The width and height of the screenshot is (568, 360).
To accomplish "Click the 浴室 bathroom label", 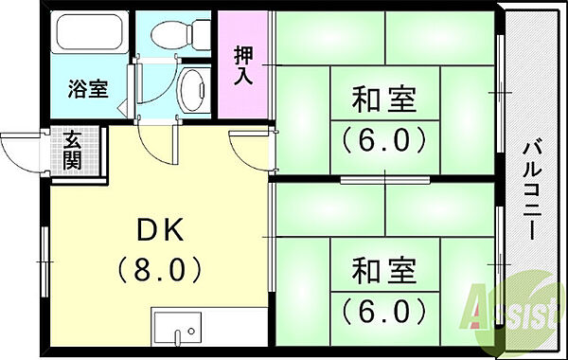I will click(x=87, y=91).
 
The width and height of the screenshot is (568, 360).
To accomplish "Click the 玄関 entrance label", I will click(x=73, y=149).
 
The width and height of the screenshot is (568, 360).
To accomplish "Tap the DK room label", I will click(x=159, y=229).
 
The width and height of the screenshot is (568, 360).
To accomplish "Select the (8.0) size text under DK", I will click(x=159, y=270).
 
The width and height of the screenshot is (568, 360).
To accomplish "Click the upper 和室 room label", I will click(x=383, y=99).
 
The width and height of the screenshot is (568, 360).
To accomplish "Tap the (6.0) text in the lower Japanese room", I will click(x=383, y=310).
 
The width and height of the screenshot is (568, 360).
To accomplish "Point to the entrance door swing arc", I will click(x=21, y=152).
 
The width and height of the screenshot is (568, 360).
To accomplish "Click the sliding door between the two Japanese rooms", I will click(x=383, y=178).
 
